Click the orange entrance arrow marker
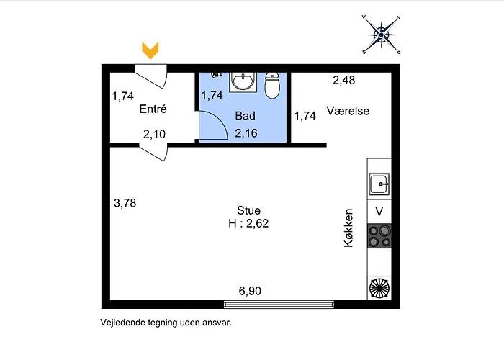pos(150,50)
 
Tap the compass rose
pos(381,35)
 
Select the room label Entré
pos(153,109)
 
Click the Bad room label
pos(246,116)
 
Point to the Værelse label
pos(348,111)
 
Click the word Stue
pos(248,210)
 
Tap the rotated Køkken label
pos(348,228)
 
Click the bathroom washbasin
pos(243,81)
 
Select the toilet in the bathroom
pos(272,85)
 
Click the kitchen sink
pos(379,184)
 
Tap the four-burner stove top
pos(379,236)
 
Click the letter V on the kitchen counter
pos(379,212)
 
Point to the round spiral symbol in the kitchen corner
pos(379,288)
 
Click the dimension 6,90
pos(250,291)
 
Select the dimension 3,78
pos(125,203)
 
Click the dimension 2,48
pos(344,80)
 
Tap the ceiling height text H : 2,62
pos(248,223)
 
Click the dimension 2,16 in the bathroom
pos(246,133)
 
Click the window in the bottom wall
pos(279,305)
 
